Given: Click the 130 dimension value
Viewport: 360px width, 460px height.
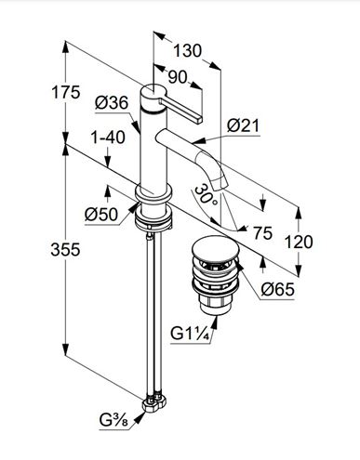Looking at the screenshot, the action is click(187, 50).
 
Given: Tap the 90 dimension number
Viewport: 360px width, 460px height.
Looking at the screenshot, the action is click(178, 77).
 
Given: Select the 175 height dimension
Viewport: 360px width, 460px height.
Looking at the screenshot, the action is click(65, 92).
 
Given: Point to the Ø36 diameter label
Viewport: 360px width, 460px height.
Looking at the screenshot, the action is click(112, 102).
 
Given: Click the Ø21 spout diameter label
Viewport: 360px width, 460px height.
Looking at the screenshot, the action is click(243, 125).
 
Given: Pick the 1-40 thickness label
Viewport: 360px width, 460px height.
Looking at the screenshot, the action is click(108, 138).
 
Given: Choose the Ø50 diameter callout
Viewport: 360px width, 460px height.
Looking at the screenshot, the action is click(101, 214).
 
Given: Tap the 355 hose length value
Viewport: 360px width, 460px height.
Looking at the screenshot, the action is click(65, 249).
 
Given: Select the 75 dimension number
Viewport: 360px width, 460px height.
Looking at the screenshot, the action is click(262, 233).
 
